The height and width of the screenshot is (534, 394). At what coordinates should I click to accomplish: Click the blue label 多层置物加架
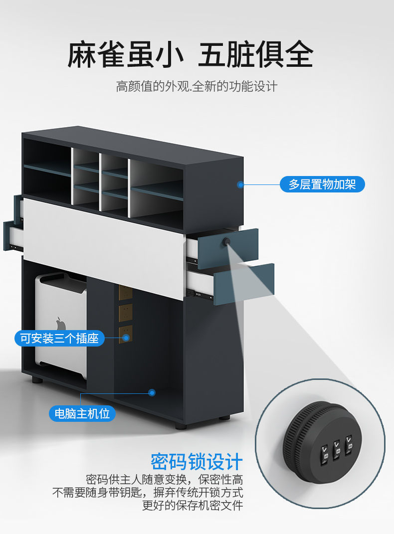pos(322,184)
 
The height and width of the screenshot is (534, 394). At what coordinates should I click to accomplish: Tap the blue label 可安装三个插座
pos(59,339)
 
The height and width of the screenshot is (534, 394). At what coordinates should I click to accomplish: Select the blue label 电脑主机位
pos(82,413)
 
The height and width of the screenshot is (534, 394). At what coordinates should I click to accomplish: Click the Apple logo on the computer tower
pos(61,324)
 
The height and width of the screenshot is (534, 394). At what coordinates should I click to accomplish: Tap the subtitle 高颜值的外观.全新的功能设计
pos(197,86)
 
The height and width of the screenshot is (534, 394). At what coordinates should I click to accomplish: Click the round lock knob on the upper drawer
pos(227,242)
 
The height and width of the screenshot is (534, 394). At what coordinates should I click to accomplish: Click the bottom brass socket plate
pos(125,333)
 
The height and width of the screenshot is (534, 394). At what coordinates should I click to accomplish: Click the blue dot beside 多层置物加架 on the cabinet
pos(240,184)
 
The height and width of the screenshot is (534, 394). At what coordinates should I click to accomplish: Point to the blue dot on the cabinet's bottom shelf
pos(152,393)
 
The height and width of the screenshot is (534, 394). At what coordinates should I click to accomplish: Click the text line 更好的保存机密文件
pos(193,506)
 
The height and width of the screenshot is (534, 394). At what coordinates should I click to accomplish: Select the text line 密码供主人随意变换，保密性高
pos(165,480)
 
